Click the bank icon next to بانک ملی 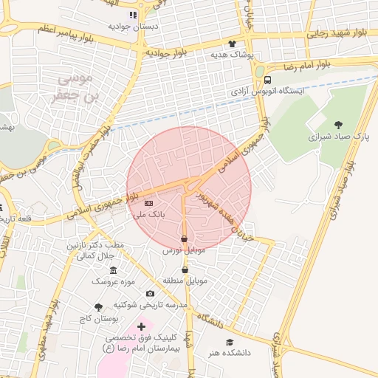tap(149, 202)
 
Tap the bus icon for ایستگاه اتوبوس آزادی tap(267, 80)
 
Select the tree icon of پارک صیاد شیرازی tap(339, 125)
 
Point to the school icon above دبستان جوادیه tap(133, 15)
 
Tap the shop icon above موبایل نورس tap(184, 239)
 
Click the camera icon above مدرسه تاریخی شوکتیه tap(151, 294)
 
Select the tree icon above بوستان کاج tap(98, 306)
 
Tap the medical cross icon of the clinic tap(141, 326)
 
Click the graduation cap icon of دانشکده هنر tap(230, 342)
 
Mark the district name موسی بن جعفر tap(75, 88)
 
